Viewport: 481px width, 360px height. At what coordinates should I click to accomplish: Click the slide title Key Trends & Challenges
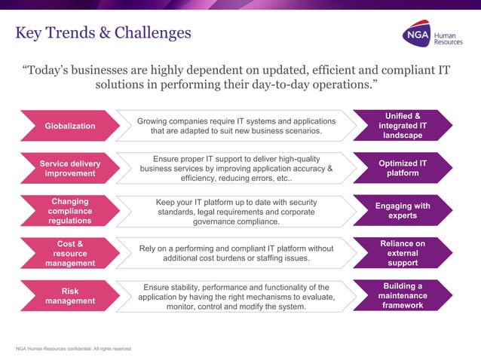point(103,33)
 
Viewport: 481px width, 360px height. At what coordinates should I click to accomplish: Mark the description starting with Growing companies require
point(236,126)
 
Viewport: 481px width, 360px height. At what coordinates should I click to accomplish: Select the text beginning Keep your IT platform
point(236,212)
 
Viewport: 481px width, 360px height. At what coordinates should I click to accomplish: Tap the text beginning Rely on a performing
point(236,254)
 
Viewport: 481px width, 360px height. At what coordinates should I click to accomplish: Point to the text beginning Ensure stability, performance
point(236,297)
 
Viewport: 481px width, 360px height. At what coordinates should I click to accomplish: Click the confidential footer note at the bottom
point(74,349)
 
